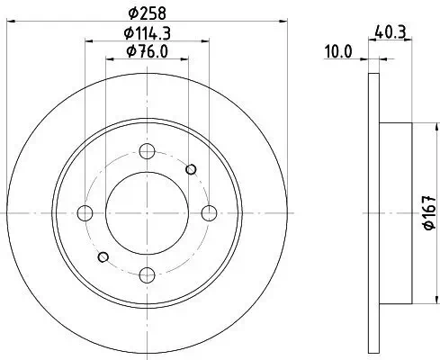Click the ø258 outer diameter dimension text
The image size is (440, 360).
[x=148, y=13]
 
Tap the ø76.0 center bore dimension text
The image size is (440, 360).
[x=149, y=51]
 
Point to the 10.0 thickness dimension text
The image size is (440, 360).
[x=338, y=52]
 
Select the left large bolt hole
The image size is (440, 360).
[x=86, y=213]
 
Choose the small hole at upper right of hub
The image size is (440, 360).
[x=191, y=168]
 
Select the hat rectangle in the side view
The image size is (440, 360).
[x=397, y=212]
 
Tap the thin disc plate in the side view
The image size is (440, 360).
[x=375, y=212]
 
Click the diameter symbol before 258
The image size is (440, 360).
[x=133, y=13]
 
